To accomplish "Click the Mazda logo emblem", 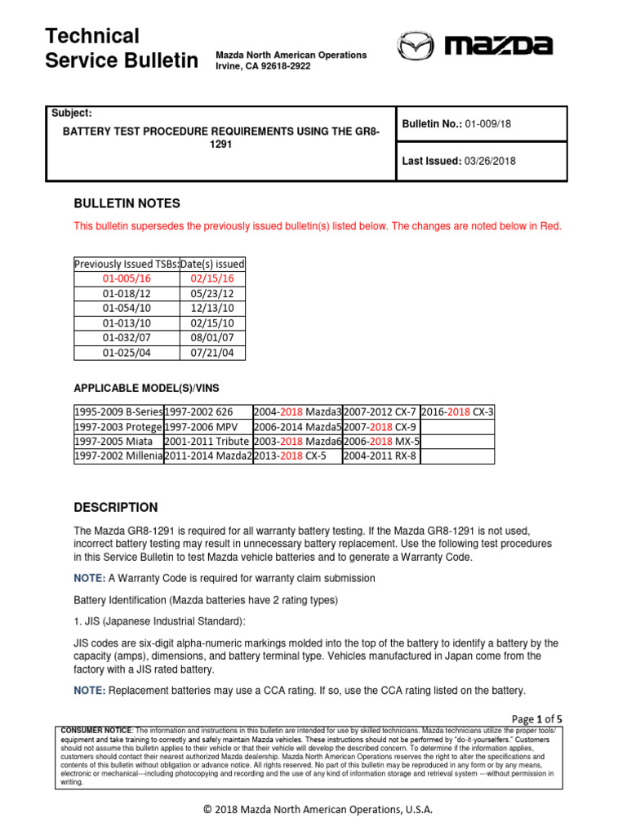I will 416,46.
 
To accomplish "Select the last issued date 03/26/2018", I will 490,162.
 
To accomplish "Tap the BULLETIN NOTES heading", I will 127,203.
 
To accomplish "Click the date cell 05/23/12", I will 212,293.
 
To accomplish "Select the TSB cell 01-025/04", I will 127,353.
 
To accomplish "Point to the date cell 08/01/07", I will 212,338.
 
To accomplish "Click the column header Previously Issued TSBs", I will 127,264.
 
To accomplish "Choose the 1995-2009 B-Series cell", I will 118,411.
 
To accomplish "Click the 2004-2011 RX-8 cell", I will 380,456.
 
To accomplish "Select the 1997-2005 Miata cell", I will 118,442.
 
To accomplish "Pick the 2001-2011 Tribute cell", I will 208,442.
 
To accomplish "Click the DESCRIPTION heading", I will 116,507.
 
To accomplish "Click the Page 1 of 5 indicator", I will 536,718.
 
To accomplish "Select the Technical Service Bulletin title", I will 121,48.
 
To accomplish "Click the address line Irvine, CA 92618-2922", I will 263,66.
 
